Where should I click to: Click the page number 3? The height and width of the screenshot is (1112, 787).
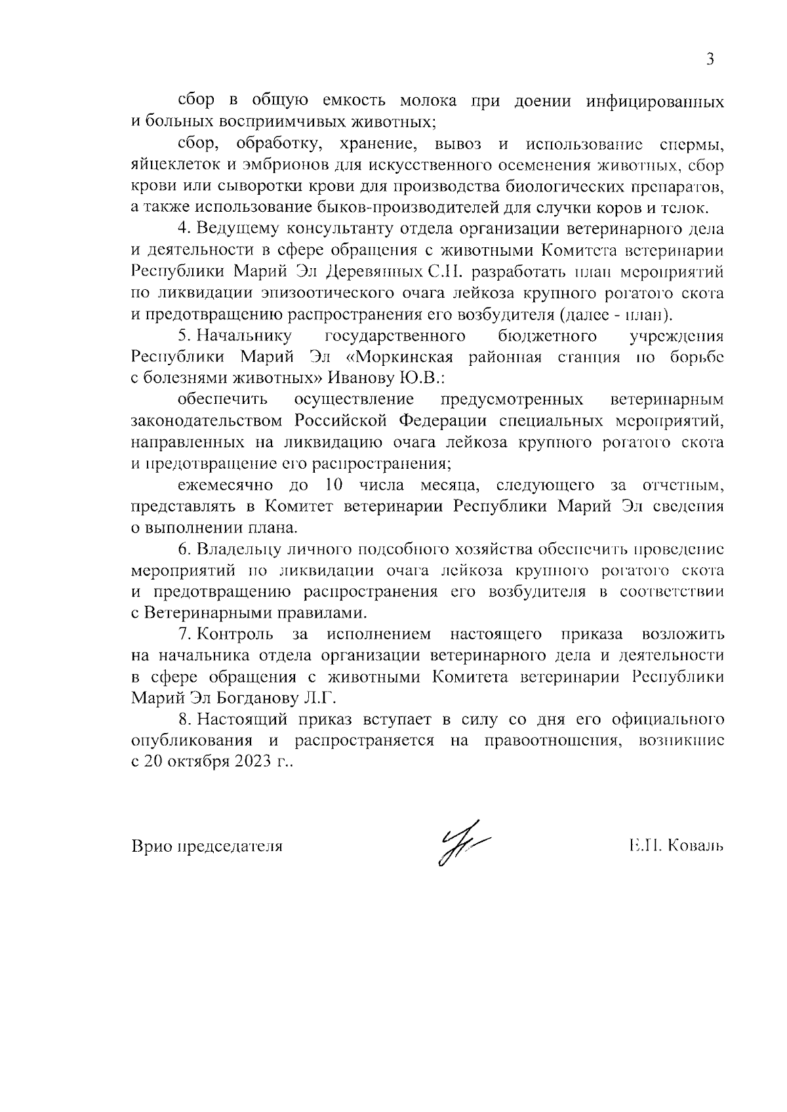pos(710,60)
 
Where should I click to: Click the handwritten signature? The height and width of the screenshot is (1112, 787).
pos(462,842)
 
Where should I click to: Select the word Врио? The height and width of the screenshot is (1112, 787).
pos(148,846)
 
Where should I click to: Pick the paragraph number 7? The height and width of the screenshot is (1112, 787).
pos(184,634)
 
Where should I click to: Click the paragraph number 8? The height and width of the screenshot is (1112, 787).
pos(184,719)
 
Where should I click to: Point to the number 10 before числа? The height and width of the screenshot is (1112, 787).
pos(334,485)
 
